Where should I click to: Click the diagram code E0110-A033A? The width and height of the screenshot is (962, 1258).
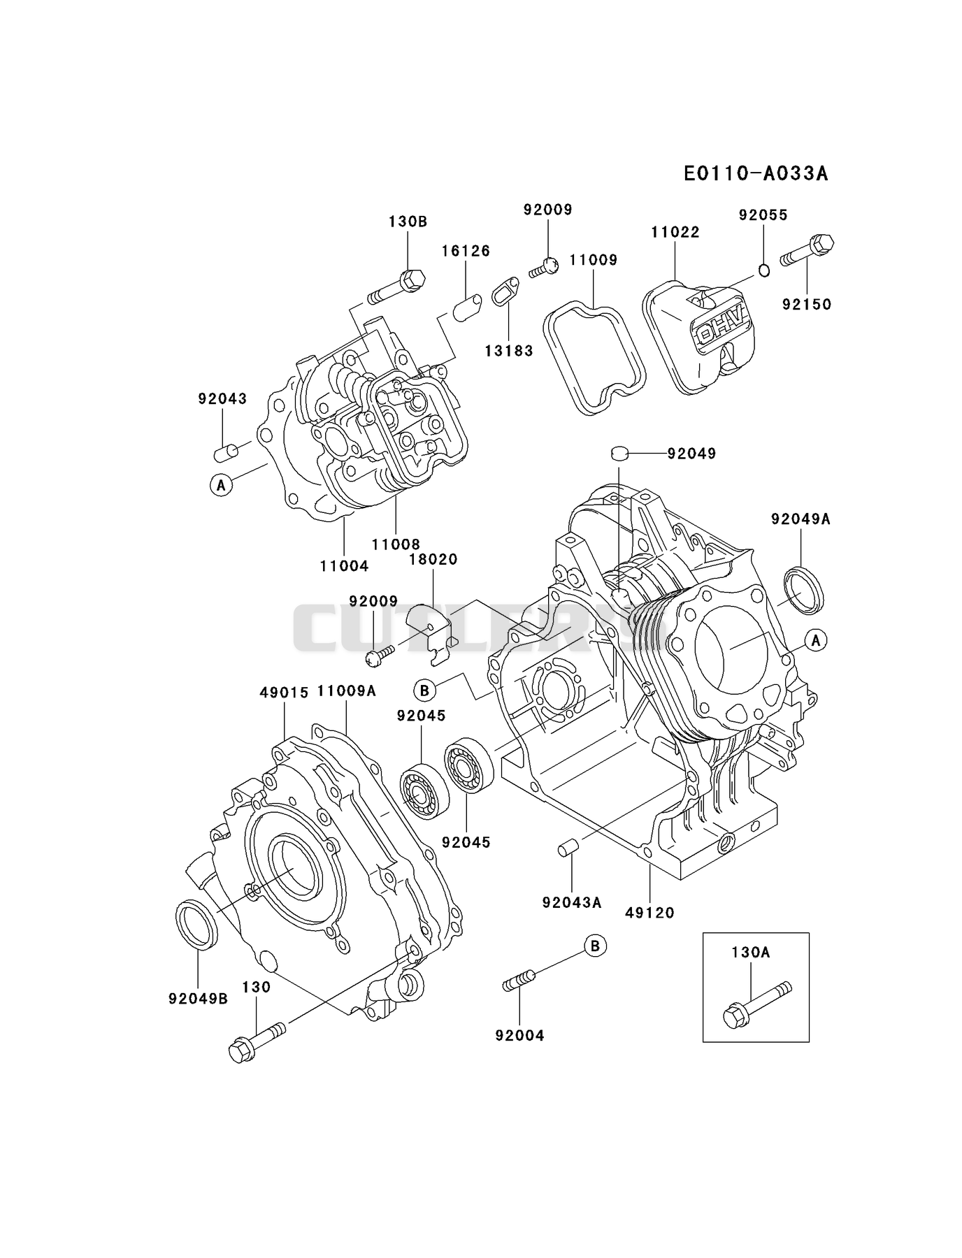point(756,173)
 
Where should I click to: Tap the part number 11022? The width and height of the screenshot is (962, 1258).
point(675,232)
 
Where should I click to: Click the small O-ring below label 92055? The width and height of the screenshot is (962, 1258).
point(764,270)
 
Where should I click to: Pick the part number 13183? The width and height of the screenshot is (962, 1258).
point(509,351)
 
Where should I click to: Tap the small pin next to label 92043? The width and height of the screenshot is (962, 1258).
point(225,452)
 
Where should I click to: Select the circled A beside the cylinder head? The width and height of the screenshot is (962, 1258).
point(221,484)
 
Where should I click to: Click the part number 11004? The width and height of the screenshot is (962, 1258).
point(345,565)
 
